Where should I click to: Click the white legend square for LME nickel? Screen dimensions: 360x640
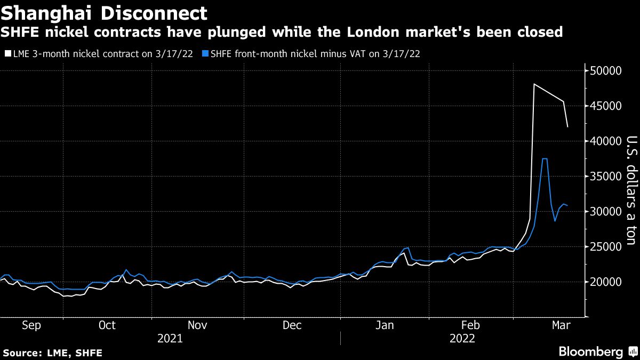6,54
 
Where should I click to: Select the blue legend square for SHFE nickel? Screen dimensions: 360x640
205,54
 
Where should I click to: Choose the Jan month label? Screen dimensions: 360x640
385,325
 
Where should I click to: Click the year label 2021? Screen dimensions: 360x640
170,338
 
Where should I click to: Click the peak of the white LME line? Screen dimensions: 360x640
534,84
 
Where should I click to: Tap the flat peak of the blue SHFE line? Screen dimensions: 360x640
545,159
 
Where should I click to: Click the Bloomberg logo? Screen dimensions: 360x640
590,352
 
